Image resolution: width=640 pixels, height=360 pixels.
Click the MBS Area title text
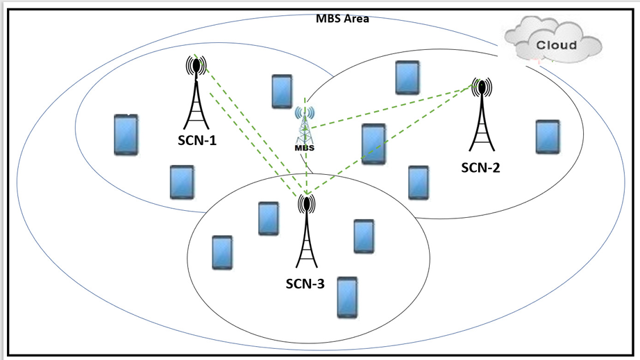[343, 19]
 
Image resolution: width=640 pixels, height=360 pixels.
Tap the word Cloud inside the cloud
[557, 45]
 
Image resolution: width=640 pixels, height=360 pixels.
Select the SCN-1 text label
[196, 141]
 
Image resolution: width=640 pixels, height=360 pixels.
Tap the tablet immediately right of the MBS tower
[373, 144]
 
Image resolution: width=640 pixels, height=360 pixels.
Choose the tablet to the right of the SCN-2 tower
[548, 137]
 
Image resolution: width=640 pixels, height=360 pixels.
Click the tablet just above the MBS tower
[281, 91]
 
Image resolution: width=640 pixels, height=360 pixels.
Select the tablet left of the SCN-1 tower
[126, 135]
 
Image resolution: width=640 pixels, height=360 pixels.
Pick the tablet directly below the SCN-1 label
[182, 182]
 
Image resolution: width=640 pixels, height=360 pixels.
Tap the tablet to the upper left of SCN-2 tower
[407, 77]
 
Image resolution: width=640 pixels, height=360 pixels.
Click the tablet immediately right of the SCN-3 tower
[364, 236]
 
